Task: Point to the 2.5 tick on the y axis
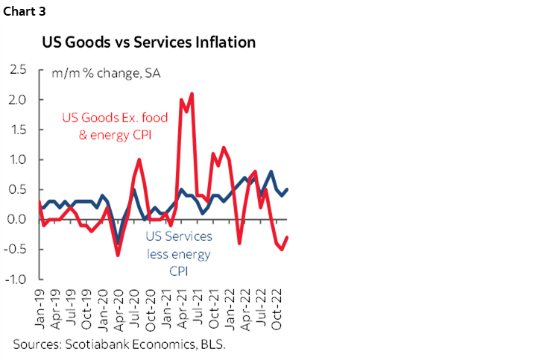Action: (x=18, y=69)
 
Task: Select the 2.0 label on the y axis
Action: (x=18, y=100)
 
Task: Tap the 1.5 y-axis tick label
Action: (x=18, y=130)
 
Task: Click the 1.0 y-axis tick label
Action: (x=18, y=160)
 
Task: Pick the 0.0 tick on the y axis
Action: (x=18, y=220)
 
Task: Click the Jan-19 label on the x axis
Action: (x=38, y=307)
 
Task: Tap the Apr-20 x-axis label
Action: (x=118, y=307)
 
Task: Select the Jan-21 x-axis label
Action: (x=165, y=307)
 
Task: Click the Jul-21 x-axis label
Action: (x=198, y=307)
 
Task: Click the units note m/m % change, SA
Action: (x=106, y=73)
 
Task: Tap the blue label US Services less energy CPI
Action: (x=177, y=254)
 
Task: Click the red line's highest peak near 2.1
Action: (x=192, y=93)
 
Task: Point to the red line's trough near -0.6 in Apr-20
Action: (x=118, y=256)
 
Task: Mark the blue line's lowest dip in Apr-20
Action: (x=118, y=243)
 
